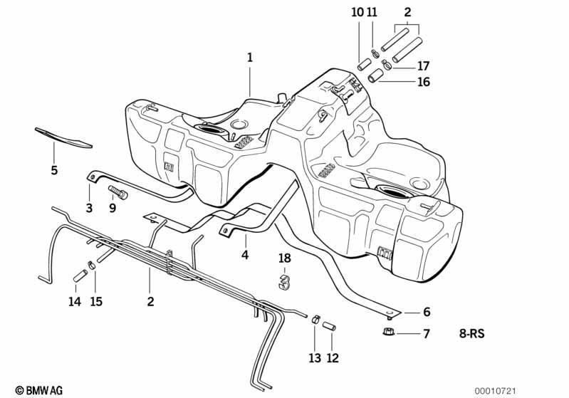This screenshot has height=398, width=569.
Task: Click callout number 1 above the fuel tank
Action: point(250,58)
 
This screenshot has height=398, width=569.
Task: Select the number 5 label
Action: point(54,169)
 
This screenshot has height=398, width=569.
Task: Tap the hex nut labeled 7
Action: point(389,331)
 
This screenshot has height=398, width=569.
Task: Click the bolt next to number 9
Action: point(118,192)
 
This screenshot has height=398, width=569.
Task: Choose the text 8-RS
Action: point(471,333)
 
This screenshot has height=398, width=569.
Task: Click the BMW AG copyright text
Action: point(39,390)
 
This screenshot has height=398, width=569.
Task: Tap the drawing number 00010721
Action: point(496,391)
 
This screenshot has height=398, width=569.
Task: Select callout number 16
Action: point(423,82)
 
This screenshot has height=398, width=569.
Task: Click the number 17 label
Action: point(423,66)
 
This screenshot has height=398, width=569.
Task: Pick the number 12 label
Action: point(333,358)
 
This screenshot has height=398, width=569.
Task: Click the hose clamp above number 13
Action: point(315,320)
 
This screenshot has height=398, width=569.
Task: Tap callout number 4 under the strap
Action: point(245,255)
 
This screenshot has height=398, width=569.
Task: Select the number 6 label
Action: point(427,312)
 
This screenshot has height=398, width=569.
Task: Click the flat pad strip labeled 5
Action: point(63,138)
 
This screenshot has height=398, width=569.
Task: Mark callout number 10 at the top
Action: point(357,12)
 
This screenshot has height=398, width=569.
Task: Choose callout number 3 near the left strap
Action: point(89,208)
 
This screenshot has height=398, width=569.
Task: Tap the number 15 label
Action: point(96,301)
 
